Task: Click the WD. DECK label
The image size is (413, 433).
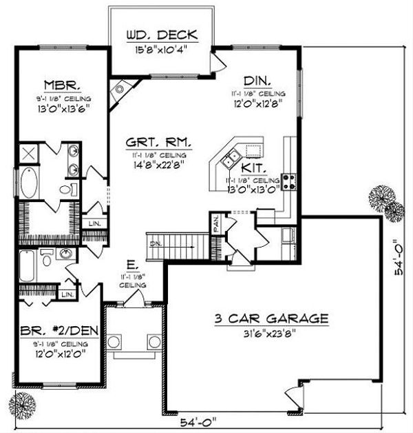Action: (162, 34)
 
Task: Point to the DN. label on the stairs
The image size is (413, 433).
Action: (158, 243)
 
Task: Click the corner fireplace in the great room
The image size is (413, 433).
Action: (123, 89)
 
